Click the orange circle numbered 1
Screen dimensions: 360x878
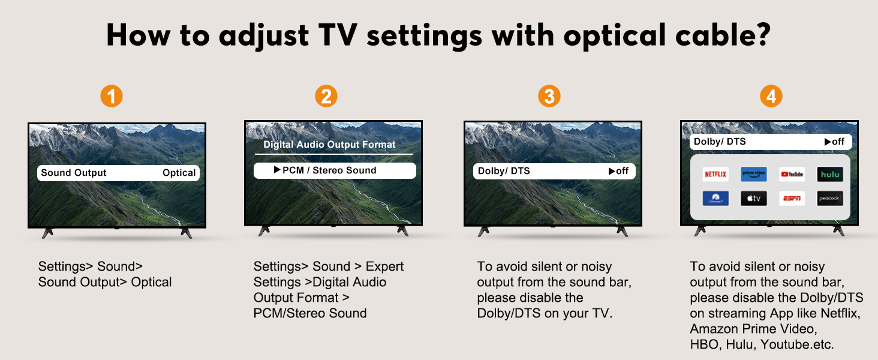[112, 96]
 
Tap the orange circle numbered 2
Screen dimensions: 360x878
[326, 96]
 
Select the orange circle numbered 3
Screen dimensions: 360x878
[549, 96]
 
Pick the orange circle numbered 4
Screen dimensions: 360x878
[771, 96]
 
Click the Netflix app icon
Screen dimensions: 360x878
[715, 175]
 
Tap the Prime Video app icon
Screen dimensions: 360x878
[754, 175]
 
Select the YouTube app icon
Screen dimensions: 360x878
[792, 175]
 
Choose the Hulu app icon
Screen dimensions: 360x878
[829, 175]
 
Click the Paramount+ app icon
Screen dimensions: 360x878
[715, 199]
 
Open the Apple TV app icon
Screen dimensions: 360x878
[754, 199]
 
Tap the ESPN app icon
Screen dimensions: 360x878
[792, 199]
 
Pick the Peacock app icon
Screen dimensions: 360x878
[829, 199]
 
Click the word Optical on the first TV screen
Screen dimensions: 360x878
[179, 173]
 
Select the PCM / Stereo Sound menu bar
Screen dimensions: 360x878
[335, 170]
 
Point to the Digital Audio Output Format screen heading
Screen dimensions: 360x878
[329, 145]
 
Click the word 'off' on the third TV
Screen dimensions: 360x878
[622, 171]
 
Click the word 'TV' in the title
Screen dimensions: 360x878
[338, 35]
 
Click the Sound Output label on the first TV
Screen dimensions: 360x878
[74, 173]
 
